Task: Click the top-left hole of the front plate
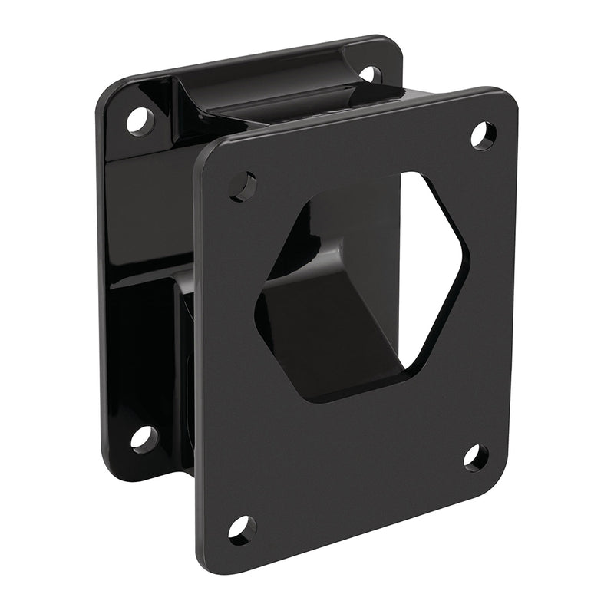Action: point(244,187)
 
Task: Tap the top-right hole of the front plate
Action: point(483,135)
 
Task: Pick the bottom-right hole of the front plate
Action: point(476,457)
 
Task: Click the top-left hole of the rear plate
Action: point(140,120)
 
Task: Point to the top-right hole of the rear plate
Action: point(370,74)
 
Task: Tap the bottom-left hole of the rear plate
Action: point(143,439)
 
